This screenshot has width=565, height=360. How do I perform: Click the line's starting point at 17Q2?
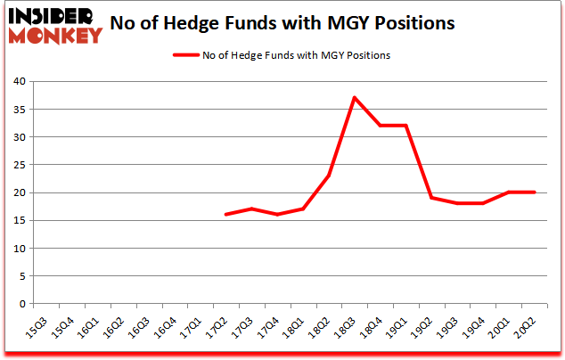tap(227, 215)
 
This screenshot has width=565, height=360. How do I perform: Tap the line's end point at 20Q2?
tap(535, 192)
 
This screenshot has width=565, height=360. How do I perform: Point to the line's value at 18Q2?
tap(330, 176)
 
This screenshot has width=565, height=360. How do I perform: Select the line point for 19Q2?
tap(432, 198)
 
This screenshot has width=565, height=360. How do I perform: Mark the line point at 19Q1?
tap(406, 126)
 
